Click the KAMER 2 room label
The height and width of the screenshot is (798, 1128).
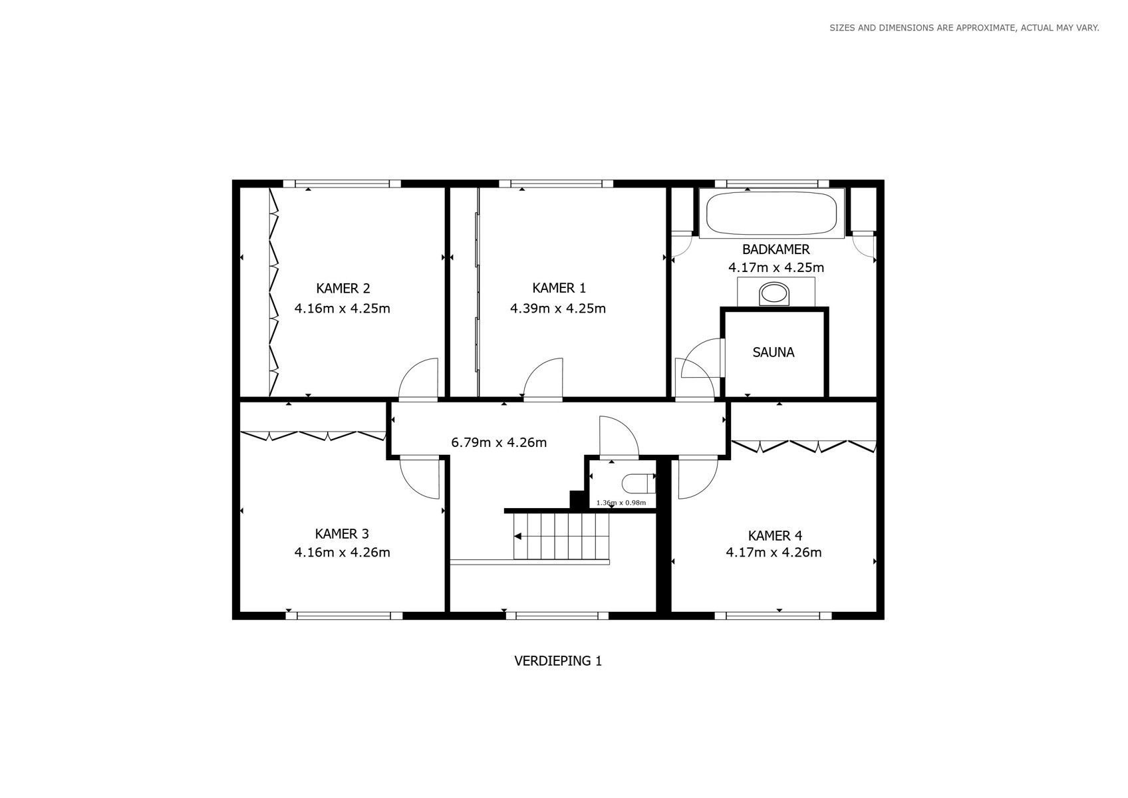point(343,289)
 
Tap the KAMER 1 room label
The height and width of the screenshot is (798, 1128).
point(559,288)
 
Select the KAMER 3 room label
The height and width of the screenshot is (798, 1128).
point(342,534)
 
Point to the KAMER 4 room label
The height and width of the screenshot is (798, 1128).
point(774,536)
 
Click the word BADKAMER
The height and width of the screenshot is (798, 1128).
point(776,249)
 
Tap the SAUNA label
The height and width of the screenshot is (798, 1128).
point(774,352)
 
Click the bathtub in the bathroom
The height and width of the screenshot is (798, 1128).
point(772,213)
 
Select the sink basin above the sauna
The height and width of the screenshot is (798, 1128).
point(774,294)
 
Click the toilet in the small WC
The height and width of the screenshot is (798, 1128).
point(638,484)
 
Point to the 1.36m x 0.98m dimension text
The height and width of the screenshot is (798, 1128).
point(621,503)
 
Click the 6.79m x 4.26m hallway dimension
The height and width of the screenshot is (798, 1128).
point(499,442)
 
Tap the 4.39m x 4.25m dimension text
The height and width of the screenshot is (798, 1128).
point(558,308)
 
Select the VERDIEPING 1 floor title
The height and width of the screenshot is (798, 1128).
point(558,660)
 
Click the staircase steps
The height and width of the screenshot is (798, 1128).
point(561,536)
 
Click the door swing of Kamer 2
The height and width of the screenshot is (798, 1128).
point(418,378)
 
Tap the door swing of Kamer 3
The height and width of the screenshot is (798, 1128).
point(420,479)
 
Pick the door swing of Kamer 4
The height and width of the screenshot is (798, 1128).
point(698,478)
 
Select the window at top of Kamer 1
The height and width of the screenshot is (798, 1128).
point(556,184)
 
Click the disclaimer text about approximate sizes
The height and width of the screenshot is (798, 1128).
point(964,28)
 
